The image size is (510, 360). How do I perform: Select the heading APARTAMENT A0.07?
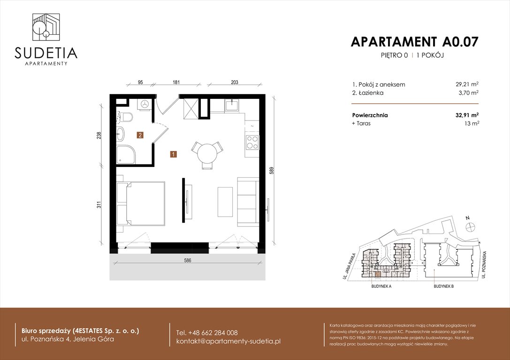click(x=415, y=42)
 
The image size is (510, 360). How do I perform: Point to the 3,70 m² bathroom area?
click(x=469, y=93)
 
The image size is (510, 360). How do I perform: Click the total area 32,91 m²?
click(x=467, y=115)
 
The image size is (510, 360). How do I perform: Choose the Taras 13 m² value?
click(x=472, y=123)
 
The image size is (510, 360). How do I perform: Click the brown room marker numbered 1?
click(x=174, y=154)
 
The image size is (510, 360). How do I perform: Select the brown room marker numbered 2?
click(x=140, y=135)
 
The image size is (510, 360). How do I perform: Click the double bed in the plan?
click(x=141, y=204)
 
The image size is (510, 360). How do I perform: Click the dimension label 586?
click(x=188, y=261)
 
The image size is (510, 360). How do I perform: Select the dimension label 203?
click(x=235, y=82)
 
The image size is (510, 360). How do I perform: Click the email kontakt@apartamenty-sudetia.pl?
click(x=228, y=341)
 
